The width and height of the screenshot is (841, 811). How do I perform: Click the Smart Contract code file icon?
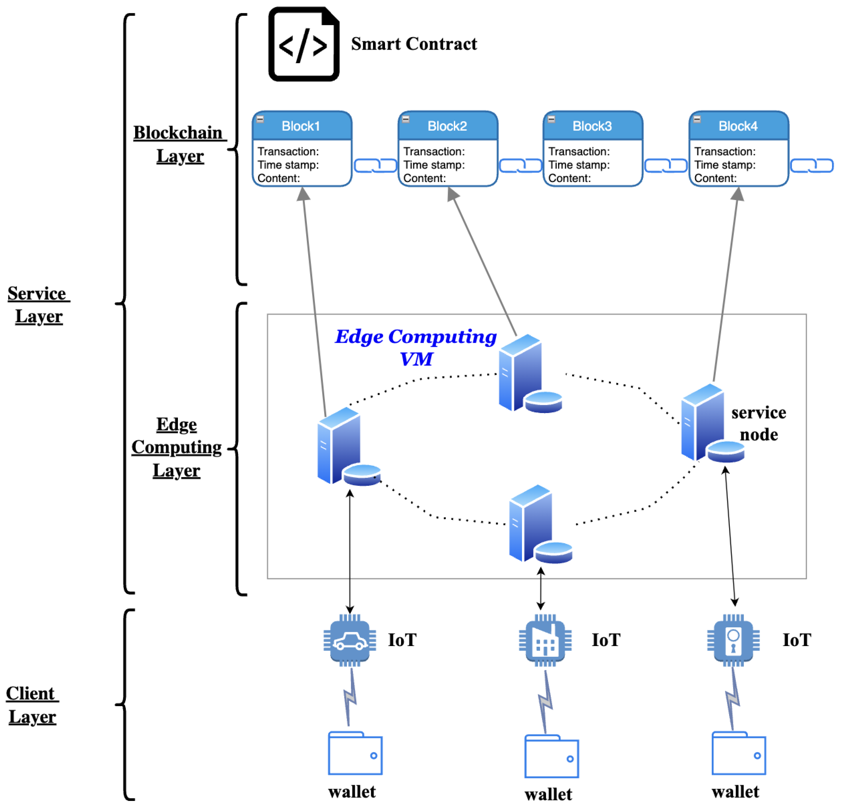pos(303,44)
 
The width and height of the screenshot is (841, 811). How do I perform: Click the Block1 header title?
pos(301,126)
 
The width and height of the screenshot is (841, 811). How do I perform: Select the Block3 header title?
pos(592,126)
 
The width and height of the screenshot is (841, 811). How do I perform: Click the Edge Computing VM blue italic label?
pos(415,347)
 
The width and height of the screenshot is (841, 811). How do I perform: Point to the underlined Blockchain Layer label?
pos(179,144)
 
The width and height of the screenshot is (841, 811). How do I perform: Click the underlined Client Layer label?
pos(32,705)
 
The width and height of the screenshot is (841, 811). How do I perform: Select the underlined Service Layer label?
pos(38,305)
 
